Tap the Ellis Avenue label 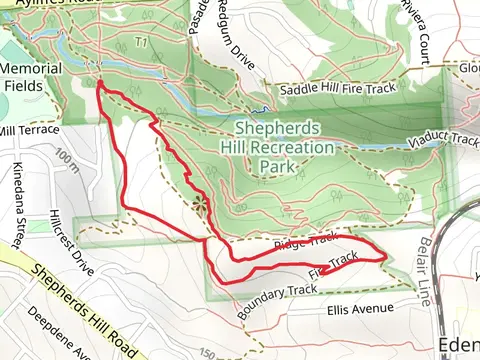click(x=360, y=309)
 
